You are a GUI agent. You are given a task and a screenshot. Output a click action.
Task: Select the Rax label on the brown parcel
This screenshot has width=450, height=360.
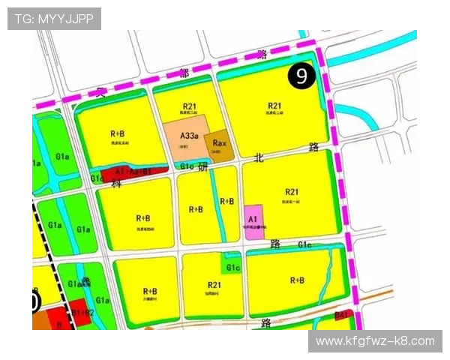(x=220, y=142)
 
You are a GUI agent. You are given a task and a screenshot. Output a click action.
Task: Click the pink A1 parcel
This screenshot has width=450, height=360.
(x=254, y=222)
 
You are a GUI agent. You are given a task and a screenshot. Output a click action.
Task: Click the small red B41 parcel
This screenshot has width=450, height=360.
(x=343, y=315)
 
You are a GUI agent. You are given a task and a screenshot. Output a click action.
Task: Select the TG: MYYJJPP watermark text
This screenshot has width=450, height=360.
(x=53, y=18)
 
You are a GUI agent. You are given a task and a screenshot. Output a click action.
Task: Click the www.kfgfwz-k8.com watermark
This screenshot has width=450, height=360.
(x=375, y=341)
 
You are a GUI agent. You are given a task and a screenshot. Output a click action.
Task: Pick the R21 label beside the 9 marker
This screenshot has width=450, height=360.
(x=274, y=106)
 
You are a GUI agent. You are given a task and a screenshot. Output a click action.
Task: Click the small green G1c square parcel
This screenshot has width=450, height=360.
(x=232, y=267)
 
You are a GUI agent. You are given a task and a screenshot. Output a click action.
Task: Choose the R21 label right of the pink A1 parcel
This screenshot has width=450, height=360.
(x=291, y=192)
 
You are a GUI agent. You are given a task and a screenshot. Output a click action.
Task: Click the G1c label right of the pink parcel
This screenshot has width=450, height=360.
(x=304, y=244)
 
